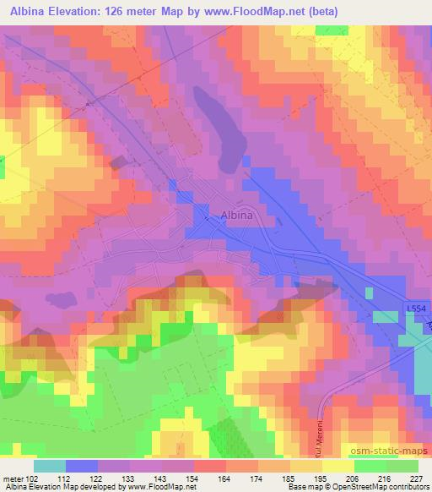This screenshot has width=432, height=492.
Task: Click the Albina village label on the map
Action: [x=236, y=216]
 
